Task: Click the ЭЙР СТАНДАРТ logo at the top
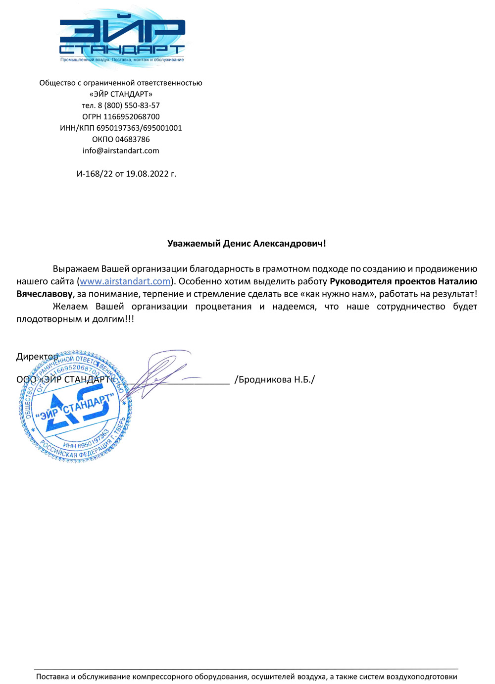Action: (x=122, y=38)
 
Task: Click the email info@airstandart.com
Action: (x=121, y=151)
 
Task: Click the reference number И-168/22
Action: (x=95, y=174)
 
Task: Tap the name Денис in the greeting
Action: (x=237, y=244)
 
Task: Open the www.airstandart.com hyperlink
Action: (x=125, y=281)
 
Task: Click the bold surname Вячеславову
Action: (x=45, y=294)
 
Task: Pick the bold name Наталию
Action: (x=457, y=281)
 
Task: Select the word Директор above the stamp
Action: (x=37, y=357)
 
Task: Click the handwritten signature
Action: (x=158, y=374)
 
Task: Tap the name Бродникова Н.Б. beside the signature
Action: (x=275, y=380)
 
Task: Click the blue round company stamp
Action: (x=76, y=408)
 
